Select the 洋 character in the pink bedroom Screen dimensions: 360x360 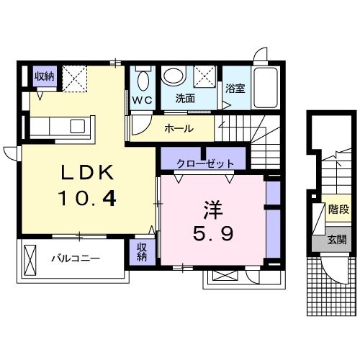click(x=212, y=210)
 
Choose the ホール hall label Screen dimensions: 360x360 click(x=178, y=128)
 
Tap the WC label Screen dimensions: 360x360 click(x=141, y=100)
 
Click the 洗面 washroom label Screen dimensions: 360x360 click(x=186, y=99)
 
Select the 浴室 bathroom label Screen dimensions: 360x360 click(x=235, y=90)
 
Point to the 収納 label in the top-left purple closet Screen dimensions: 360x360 click(x=44, y=76)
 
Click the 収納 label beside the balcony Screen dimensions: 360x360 click(x=142, y=252)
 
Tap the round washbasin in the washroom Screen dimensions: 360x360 click(x=173, y=75)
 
